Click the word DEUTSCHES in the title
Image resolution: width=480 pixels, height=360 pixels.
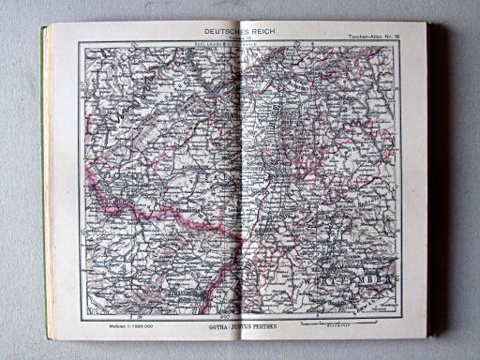[x=208, y=30]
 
